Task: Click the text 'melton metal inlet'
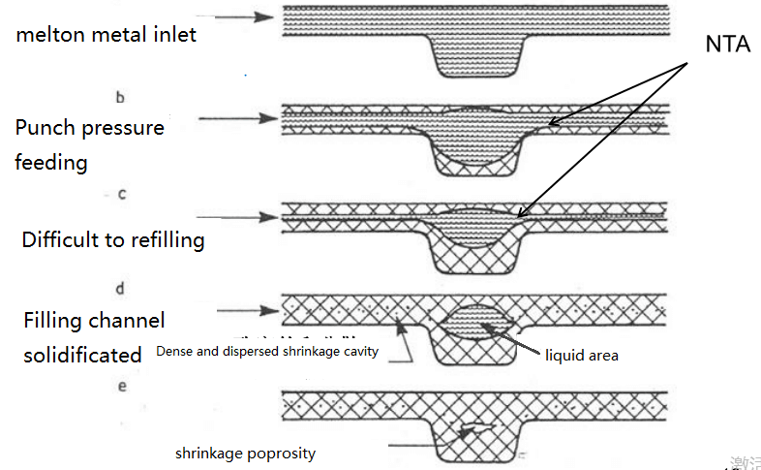107,35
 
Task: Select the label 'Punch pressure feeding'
89,144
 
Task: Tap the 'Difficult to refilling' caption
113,239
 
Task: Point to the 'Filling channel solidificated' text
94,337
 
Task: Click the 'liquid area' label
581,356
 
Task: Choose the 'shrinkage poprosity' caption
245,453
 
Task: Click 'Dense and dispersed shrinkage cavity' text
281,352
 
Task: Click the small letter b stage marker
119,97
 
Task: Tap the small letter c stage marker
121,194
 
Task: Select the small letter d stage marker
120,289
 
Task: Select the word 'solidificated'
83,355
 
